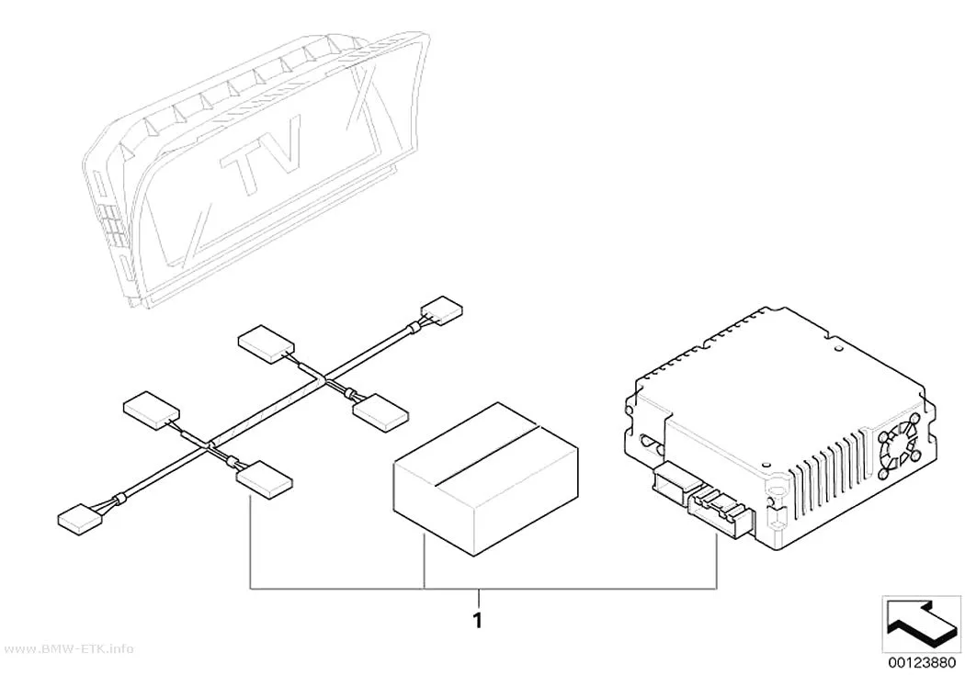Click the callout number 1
(x=478, y=620)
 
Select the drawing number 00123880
(x=921, y=663)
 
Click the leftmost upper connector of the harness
(x=152, y=410)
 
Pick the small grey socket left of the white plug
(x=668, y=479)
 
